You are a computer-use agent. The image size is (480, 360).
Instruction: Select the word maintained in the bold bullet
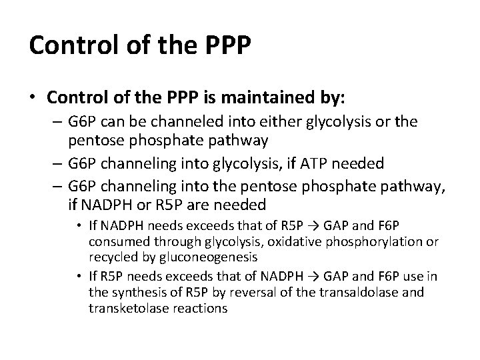coord(274,98)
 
